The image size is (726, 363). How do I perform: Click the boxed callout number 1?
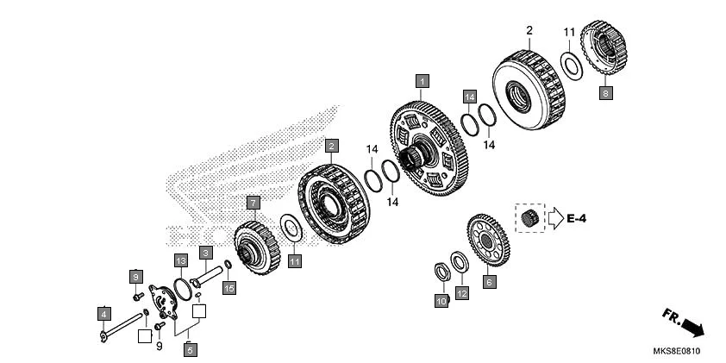pyautogui.click(x=422, y=82)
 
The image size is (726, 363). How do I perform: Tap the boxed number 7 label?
pyautogui.click(x=253, y=203)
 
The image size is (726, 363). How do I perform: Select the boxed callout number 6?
pyautogui.click(x=489, y=281)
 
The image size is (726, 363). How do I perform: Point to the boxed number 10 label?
pyautogui.click(x=441, y=301)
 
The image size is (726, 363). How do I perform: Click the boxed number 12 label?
pyautogui.click(x=462, y=294)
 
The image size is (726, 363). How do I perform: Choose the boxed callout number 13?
pyautogui.click(x=180, y=260)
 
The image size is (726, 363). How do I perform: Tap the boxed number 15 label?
pyautogui.click(x=228, y=288)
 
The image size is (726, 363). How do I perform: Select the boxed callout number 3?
pyautogui.click(x=206, y=253)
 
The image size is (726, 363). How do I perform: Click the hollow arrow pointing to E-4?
pyautogui.click(x=552, y=219)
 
